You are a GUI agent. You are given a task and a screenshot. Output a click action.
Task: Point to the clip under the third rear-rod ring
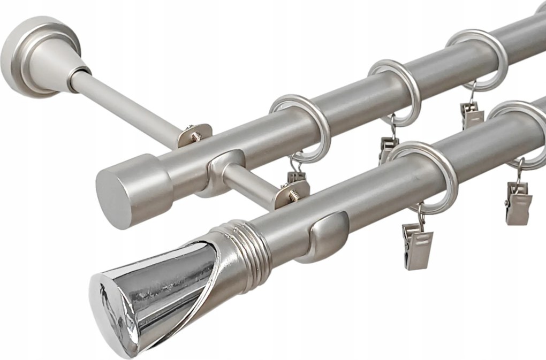pyautogui.click(x=471, y=115)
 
